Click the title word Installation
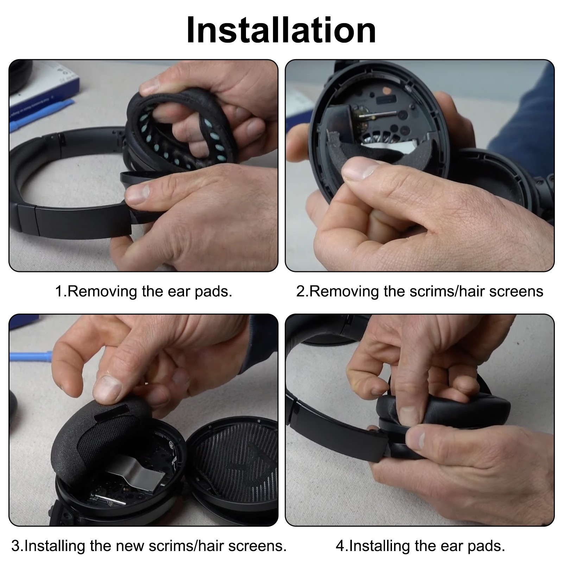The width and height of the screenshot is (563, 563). pos(281,30)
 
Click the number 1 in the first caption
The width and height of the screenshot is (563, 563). pos(59,291)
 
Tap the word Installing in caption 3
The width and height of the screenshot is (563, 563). pos(55,546)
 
